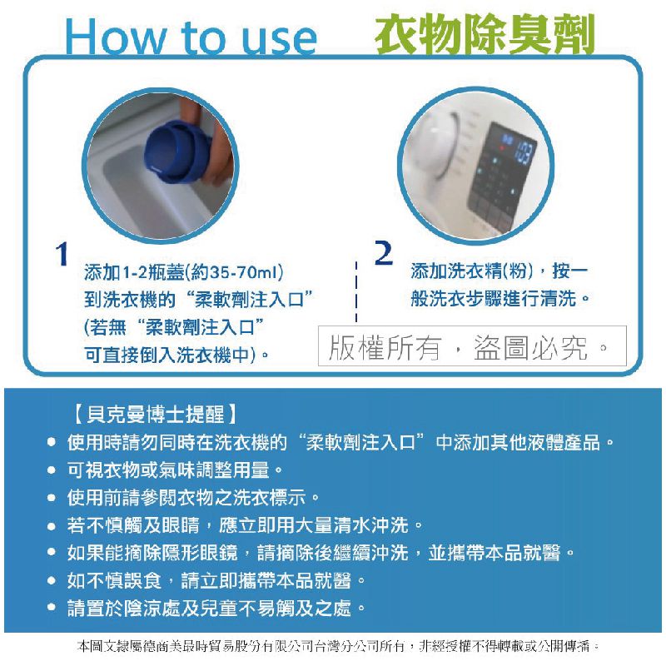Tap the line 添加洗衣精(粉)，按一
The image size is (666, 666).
(x=499, y=271)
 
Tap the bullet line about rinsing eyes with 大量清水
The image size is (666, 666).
(x=246, y=525)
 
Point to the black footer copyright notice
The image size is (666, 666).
(x=337, y=646)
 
